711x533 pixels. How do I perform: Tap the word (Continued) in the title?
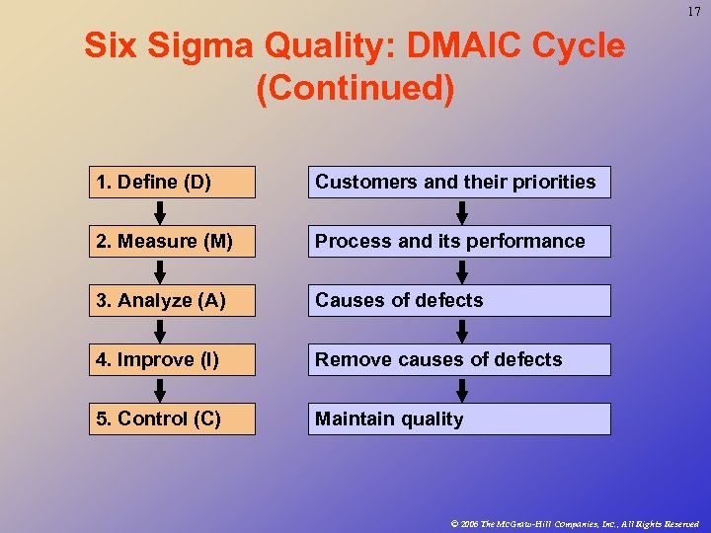point(355,89)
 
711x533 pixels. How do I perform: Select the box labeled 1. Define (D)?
point(172,182)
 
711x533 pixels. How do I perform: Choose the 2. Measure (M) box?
point(172,241)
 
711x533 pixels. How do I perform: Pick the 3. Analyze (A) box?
point(172,300)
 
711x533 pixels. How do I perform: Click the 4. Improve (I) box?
point(172,359)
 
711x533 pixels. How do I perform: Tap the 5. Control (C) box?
point(172,419)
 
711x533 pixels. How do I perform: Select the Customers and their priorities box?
point(459,182)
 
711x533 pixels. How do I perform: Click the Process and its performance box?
point(459,241)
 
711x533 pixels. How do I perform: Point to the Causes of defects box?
point(459,300)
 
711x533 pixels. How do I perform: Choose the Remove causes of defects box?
point(459,359)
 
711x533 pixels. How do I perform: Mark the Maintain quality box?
point(459,419)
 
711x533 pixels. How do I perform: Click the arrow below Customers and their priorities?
point(460,212)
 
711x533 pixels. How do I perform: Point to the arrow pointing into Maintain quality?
point(460,390)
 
